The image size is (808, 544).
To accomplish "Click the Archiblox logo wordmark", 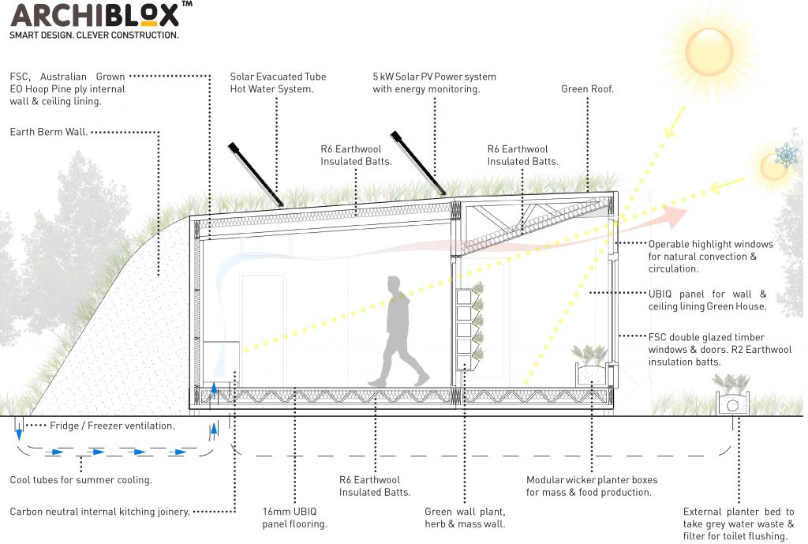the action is (x=95, y=15).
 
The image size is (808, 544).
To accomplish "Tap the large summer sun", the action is (x=709, y=52).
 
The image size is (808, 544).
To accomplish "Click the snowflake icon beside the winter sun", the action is (x=787, y=155).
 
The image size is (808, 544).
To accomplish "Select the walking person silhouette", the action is (x=398, y=332).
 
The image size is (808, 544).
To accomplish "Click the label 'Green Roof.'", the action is (x=587, y=88).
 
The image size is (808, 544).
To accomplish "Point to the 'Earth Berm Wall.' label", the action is (x=48, y=132).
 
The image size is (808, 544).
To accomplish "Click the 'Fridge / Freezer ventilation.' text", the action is (x=112, y=426).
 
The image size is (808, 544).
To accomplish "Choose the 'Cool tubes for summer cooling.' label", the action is (x=81, y=479).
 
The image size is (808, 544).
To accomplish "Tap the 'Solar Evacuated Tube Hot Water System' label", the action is (x=278, y=82).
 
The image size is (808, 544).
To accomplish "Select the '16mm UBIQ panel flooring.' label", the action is (x=294, y=518).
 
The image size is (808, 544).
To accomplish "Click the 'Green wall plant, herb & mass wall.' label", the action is (x=465, y=518).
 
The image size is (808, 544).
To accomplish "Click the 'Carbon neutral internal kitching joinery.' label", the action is (x=100, y=512).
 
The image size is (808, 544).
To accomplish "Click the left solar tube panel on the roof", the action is (x=256, y=174).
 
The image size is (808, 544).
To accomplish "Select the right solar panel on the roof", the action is (x=418, y=163).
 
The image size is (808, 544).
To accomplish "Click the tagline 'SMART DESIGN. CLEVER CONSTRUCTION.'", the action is (x=95, y=35).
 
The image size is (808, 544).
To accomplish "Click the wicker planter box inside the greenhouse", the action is (x=591, y=373).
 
